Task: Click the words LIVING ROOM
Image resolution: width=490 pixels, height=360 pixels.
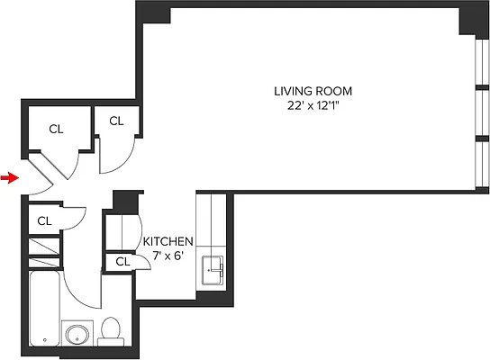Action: click(x=313, y=91)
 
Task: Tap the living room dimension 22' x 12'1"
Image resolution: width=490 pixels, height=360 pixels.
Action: click(x=313, y=106)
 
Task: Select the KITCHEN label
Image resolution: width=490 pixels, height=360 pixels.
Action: click(x=168, y=241)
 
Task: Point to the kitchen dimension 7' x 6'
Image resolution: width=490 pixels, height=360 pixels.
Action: click(x=168, y=256)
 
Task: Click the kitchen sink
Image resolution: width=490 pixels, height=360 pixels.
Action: click(x=214, y=269)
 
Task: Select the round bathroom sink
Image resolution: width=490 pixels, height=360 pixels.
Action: click(x=77, y=336)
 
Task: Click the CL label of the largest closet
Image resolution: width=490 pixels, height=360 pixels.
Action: click(x=56, y=130)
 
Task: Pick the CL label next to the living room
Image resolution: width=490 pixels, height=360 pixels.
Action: click(x=117, y=121)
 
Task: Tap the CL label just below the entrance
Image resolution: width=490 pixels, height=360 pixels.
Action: click(x=45, y=220)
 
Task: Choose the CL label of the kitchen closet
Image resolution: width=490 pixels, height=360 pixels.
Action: click(x=120, y=262)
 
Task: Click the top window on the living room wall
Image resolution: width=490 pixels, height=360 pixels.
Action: click(x=478, y=63)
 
